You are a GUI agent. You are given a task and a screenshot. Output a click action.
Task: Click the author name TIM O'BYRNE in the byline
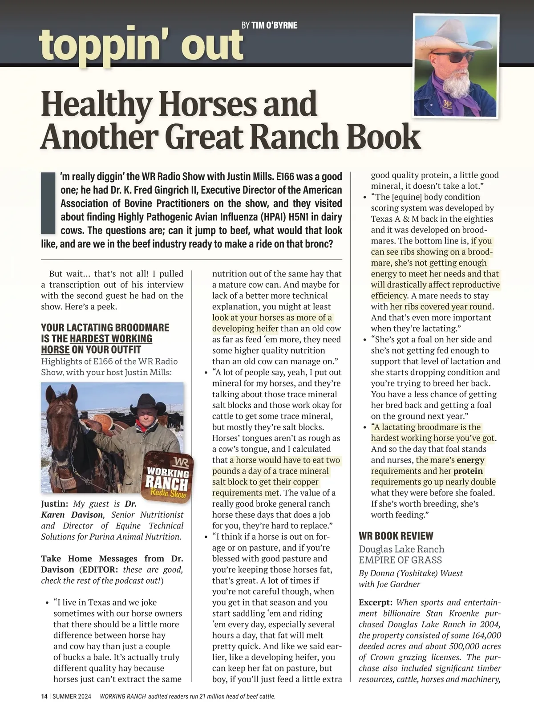pyautogui.click(x=275, y=25)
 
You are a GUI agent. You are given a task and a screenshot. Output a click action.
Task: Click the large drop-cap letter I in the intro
pyautogui.click(x=48, y=203)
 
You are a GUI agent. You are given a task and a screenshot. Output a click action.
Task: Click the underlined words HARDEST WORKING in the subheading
pyautogui.click(x=111, y=339)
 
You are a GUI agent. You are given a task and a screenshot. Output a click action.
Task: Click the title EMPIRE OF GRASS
pyautogui.click(x=400, y=560)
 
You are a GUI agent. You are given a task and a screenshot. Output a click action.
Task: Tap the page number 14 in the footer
pyautogui.click(x=44, y=697)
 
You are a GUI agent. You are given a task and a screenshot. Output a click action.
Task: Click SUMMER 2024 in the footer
pyautogui.click(x=72, y=697)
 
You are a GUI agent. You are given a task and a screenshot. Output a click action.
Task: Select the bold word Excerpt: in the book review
pyautogui.click(x=375, y=602)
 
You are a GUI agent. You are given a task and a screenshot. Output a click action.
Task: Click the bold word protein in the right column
pyautogui.click(x=468, y=471)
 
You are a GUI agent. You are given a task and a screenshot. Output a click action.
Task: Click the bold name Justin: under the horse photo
pyautogui.click(x=54, y=504)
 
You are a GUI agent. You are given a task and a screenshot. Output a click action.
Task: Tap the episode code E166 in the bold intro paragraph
pyautogui.click(x=289, y=176)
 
